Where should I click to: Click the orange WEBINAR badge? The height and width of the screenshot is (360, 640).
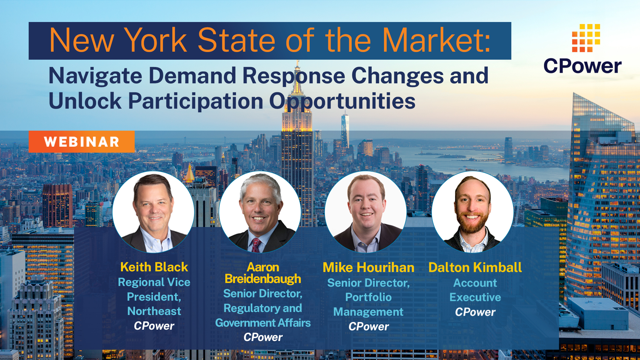point(82,142)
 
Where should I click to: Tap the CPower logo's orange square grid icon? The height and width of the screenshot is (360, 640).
point(586,38)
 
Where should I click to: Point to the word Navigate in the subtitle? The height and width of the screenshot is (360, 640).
point(95,76)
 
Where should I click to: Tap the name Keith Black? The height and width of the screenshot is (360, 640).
point(154,267)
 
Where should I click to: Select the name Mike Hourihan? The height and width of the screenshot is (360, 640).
point(368,267)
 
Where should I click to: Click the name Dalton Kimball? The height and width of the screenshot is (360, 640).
point(475,267)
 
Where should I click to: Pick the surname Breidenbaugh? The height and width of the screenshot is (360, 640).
point(263,279)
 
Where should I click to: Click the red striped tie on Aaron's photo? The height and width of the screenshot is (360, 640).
point(256,245)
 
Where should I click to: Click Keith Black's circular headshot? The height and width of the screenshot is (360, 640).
point(153,212)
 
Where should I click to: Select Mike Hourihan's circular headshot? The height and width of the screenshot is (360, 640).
point(366,212)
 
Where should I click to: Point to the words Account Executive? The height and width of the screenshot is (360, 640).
point(475,290)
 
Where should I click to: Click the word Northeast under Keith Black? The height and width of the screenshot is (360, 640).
point(154,311)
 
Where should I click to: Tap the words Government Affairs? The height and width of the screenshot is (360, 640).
point(263,323)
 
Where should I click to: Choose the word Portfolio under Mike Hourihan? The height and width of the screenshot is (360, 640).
point(368,297)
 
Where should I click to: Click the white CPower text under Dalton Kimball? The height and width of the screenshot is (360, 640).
point(475,312)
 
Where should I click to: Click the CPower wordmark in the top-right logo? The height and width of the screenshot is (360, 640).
point(582,66)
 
